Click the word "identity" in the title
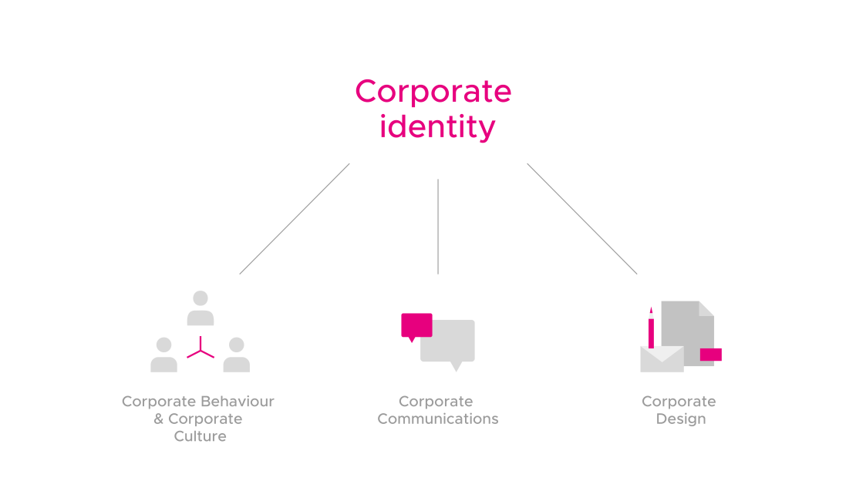[436, 127]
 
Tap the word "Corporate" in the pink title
[433, 92]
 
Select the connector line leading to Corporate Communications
[438, 227]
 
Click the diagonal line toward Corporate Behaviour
[295, 219]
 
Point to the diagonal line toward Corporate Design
[582, 219]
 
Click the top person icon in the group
[201, 308]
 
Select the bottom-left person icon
[163, 355]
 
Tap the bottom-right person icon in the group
[237, 355]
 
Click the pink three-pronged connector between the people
[201, 350]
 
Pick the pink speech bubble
[416, 325]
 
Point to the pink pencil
[651, 328]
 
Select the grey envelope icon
[662, 359]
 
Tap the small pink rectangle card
[710, 355]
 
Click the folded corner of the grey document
[707, 308]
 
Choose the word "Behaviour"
[237, 402]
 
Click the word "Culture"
[200, 436]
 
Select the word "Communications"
[438, 419]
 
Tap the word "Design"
[680, 419]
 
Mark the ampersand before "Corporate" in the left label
[159, 419]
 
